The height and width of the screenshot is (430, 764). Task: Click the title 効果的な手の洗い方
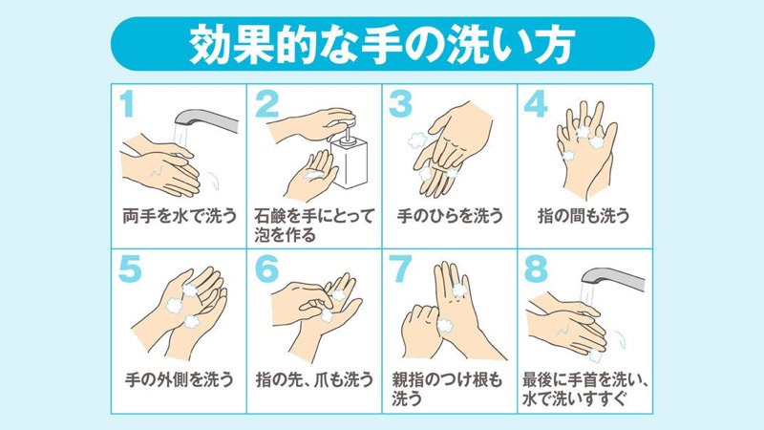pos(382,44)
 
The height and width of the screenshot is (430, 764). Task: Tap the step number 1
pos(127,104)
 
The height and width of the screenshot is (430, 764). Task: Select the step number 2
pos(267,104)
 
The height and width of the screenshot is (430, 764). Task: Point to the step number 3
pos(400,104)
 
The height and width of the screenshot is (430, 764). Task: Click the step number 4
pos(536,104)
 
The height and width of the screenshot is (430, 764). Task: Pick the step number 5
pos(130,269)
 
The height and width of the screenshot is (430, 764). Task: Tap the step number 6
pos(266,269)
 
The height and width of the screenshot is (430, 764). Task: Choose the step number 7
pos(400,269)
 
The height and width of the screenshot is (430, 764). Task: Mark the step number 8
pos(536,269)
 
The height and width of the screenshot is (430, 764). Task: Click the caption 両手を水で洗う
pos(180,216)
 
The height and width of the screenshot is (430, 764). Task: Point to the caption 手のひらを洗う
pos(449,216)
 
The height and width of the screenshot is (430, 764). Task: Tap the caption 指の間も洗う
pos(584,216)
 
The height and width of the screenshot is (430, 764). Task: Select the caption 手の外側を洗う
pos(180,378)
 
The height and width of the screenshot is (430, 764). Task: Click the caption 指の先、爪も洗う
pos(315,378)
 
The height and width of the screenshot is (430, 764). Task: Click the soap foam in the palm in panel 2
pos(312,175)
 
